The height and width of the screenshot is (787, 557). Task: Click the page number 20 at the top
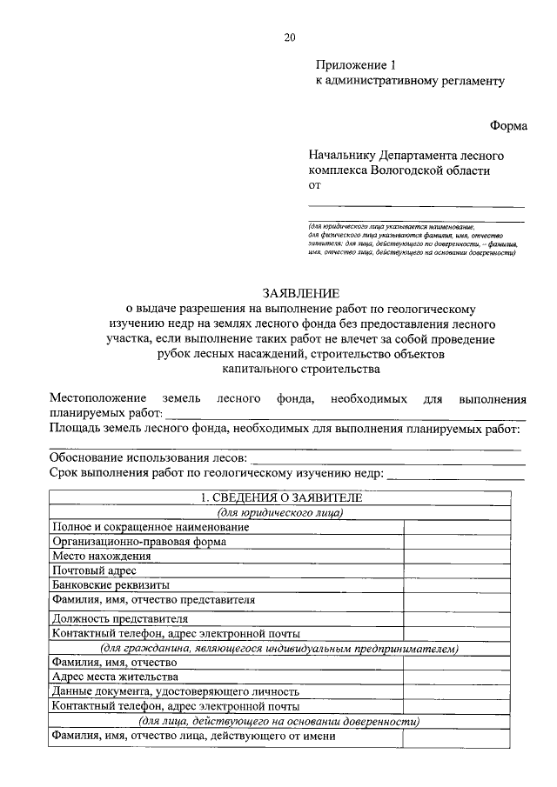(289, 37)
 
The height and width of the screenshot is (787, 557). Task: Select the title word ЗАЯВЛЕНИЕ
(301, 294)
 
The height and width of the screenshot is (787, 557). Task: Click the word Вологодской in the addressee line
(405, 170)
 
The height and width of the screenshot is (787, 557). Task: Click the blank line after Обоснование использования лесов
(387, 458)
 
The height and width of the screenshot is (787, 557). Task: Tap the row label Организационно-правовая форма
(139, 541)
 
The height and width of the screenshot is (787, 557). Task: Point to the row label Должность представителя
(120, 619)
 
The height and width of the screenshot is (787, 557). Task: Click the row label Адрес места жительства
(116, 676)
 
